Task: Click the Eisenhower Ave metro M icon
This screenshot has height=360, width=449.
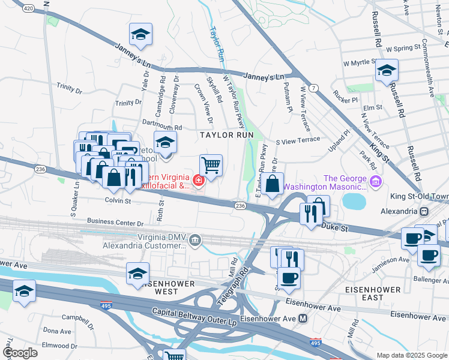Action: pyautogui.click(x=303, y=318)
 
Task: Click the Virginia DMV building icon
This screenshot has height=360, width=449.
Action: pyautogui.click(x=195, y=241)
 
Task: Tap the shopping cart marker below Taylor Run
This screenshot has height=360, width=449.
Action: pyautogui.click(x=211, y=165)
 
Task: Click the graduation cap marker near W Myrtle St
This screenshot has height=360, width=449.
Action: pyautogui.click(x=387, y=70)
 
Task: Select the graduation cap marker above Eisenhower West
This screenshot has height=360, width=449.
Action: pyautogui.click(x=138, y=273)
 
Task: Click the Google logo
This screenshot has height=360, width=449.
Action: pyautogui.click(x=20, y=353)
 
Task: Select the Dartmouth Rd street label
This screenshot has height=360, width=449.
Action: pyautogui.click(x=161, y=128)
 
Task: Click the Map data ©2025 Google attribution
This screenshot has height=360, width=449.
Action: pyautogui.click(x=411, y=355)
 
